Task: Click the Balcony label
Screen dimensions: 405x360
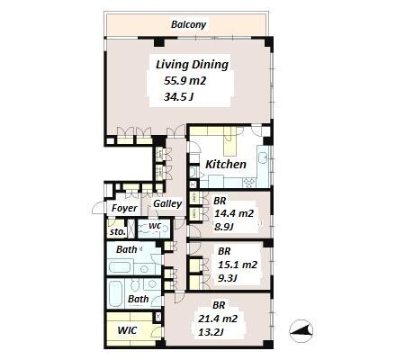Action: click(188, 24)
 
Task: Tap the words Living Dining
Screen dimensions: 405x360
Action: click(192, 65)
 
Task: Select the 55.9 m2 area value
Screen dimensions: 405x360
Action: click(184, 81)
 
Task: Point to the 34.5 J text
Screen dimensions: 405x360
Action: click(179, 97)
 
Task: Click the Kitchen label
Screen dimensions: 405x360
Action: click(226, 165)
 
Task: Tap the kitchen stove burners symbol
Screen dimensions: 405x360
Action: click(249, 182)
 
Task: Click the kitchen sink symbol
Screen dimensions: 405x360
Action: click(264, 157)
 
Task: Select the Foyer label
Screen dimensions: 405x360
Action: click(124, 208)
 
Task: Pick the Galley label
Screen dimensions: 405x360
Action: click(167, 204)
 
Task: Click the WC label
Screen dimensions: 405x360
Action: click(155, 226)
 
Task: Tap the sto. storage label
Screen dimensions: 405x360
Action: click(117, 232)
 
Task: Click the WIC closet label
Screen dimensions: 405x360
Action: click(127, 330)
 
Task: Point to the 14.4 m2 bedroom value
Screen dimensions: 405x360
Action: click(234, 213)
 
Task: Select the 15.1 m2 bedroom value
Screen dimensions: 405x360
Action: click(238, 265)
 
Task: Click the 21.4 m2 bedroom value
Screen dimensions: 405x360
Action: click(218, 319)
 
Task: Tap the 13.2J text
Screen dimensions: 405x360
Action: click(211, 332)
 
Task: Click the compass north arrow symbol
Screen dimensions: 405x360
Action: click(301, 331)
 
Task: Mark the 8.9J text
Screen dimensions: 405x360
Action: click(224, 227)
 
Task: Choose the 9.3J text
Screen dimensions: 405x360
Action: click(228, 278)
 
